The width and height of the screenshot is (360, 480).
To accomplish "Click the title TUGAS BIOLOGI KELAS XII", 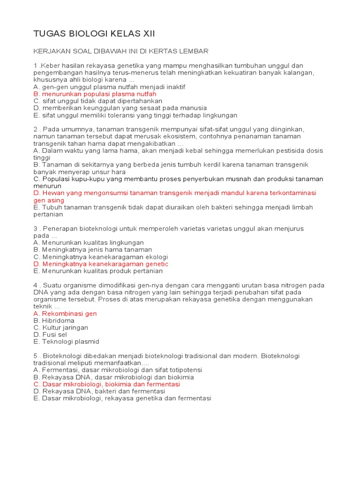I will coord(94,34).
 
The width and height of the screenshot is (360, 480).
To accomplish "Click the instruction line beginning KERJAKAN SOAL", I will coord(121,51).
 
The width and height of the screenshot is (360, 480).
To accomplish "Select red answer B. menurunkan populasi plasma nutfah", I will coord(95,94).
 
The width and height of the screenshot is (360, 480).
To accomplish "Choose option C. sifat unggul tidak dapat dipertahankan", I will coord(97,101).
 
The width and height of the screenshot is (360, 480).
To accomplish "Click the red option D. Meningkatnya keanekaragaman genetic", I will coord(101,264).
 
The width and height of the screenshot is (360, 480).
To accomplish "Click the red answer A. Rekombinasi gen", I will coord(65,313).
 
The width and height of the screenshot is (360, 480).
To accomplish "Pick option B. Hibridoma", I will coord(54,321).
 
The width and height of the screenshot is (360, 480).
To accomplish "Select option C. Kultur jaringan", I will coord(60,328).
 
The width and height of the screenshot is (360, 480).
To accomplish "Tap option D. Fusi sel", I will coord(50,335).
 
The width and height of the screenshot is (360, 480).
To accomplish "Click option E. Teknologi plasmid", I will coord(66,342).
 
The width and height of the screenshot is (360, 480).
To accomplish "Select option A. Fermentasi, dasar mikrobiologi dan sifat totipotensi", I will coord(120,370).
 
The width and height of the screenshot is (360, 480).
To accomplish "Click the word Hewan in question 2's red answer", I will coord(52,193).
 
